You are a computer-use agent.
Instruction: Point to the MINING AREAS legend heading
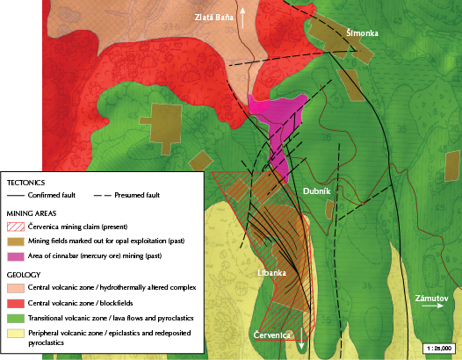[x=32, y=212]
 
